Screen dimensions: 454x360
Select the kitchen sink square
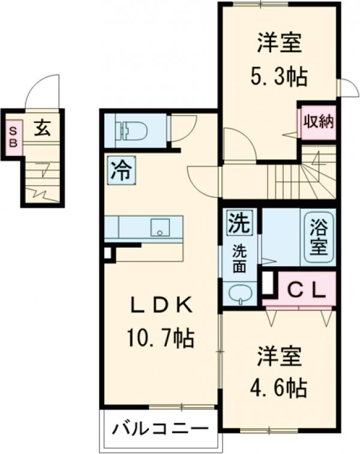pos(160,227)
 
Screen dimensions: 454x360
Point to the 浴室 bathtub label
pos(319,236)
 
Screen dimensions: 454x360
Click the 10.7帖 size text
pos(160,339)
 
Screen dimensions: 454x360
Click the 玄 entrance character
pos(41,129)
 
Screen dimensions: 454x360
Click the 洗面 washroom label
pos(239,259)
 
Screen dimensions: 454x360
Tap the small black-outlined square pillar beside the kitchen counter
pos(107,253)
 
